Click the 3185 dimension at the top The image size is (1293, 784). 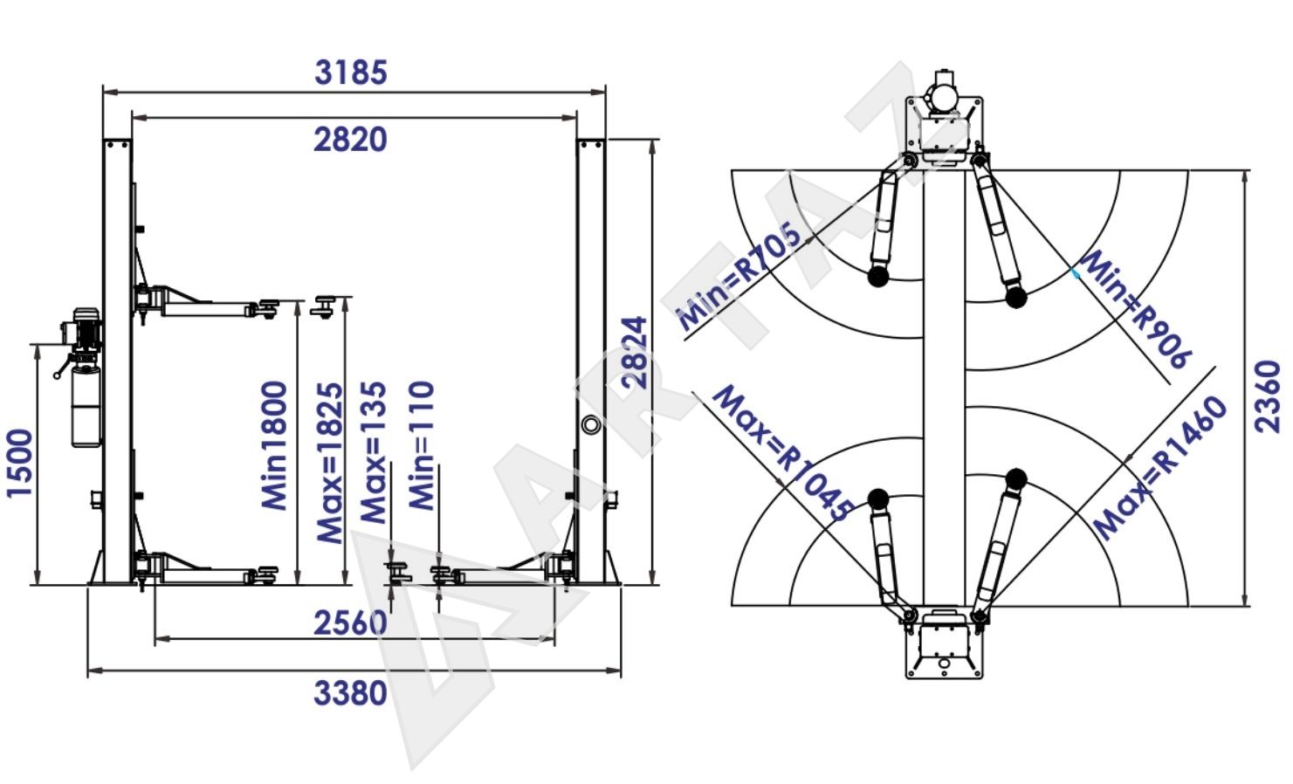pyautogui.click(x=351, y=72)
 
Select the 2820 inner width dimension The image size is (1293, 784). pyautogui.click(x=350, y=140)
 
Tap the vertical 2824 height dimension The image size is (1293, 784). pyautogui.click(x=634, y=352)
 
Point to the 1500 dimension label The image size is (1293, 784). pyautogui.click(x=19, y=463)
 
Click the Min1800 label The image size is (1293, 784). pyautogui.click(x=274, y=445)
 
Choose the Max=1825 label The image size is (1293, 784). pyautogui.click(x=330, y=463)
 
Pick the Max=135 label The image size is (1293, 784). pyautogui.click(x=373, y=452)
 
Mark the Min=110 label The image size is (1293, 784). pyautogui.click(x=422, y=445)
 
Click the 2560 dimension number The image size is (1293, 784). pyautogui.click(x=350, y=623)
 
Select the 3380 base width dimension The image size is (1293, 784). pyautogui.click(x=350, y=693)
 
